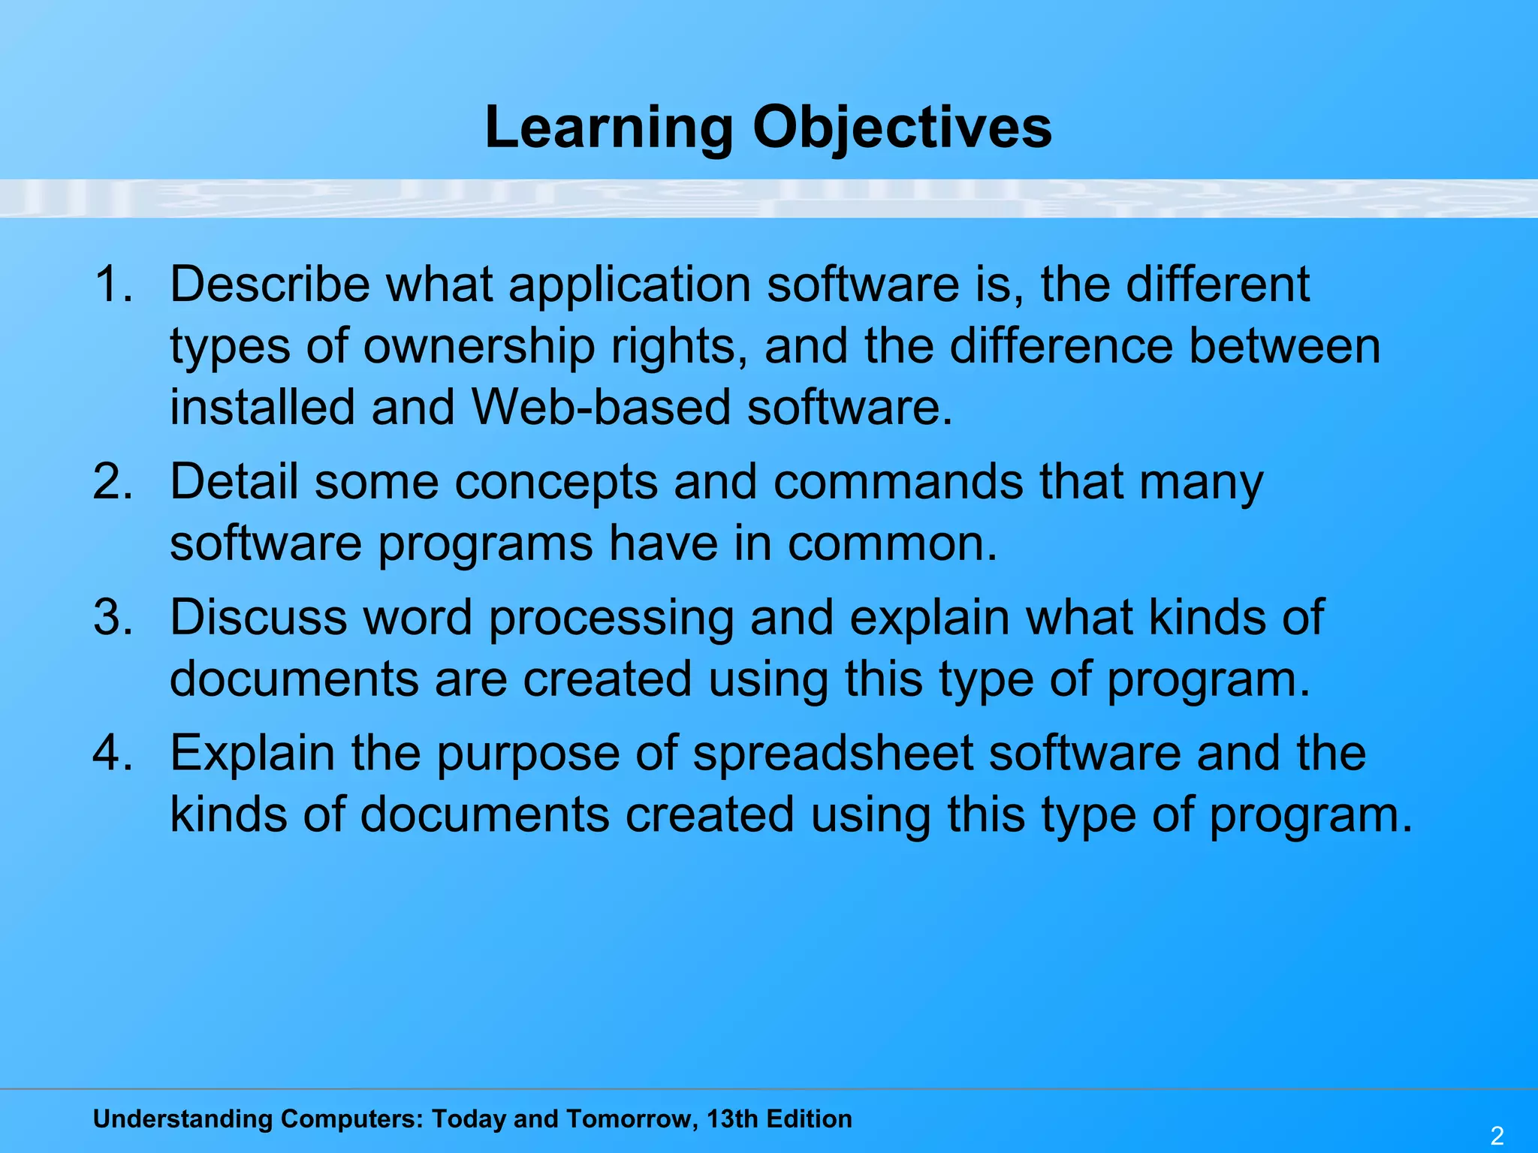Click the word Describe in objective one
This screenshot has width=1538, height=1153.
click(x=270, y=285)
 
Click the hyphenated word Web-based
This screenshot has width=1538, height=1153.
click(x=601, y=408)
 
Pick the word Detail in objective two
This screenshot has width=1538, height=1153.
click(x=234, y=482)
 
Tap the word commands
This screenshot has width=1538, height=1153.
click(x=898, y=482)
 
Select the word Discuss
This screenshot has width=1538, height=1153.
click(x=258, y=618)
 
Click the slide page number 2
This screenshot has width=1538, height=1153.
click(x=1497, y=1136)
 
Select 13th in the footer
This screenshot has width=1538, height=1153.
click(x=732, y=1118)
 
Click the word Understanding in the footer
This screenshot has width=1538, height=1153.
click(x=182, y=1118)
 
